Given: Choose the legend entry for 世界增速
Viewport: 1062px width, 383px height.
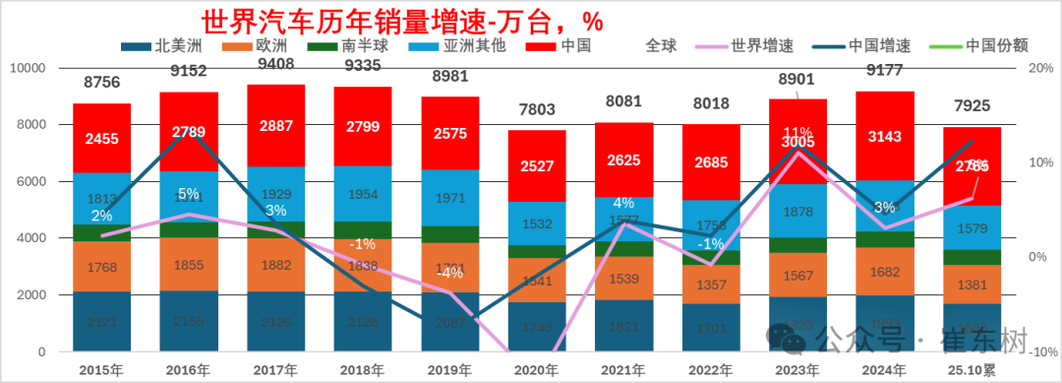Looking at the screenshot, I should [742, 45].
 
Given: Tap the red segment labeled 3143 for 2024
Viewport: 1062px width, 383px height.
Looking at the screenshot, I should [885, 136].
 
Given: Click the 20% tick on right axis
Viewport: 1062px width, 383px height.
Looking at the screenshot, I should [1040, 69].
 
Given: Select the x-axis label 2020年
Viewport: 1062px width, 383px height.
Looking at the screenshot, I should [537, 370].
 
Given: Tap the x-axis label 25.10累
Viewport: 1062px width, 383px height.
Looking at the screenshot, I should [973, 370].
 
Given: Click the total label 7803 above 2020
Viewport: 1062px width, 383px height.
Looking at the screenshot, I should [537, 112].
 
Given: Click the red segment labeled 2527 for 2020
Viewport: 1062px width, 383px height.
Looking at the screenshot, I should [537, 164].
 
